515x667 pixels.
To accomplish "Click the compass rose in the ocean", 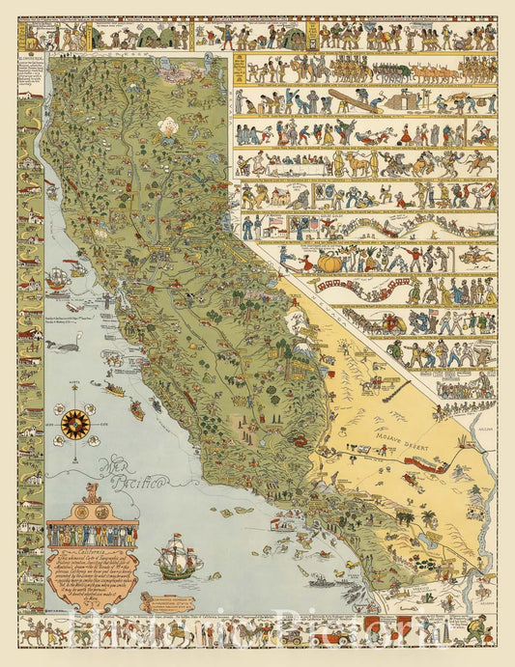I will click(x=74, y=422).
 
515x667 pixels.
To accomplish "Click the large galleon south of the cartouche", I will click(x=179, y=558).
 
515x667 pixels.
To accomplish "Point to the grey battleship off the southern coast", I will click(x=318, y=582).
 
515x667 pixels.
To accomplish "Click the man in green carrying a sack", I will click(x=473, y=635).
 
